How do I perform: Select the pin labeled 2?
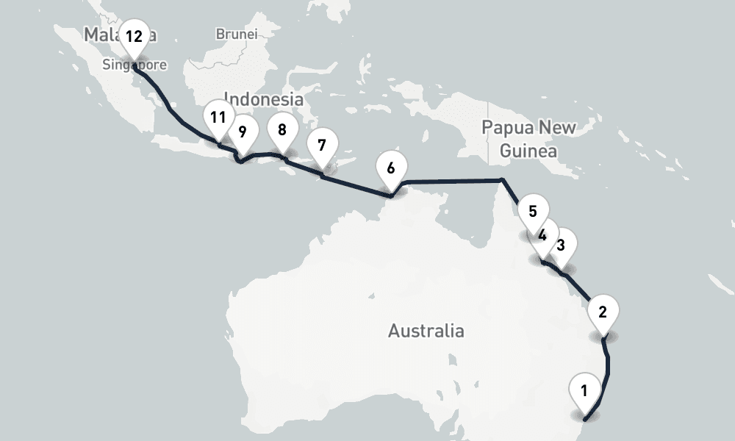pos(603,311)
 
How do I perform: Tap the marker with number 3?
pos(561,245)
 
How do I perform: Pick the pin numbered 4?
pos(542,235)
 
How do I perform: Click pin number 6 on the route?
pos(390,168)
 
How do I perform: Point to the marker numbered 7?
pos(321,145)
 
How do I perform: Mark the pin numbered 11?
pos(218,117)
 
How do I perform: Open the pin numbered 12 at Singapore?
pos(134,37)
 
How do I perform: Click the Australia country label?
pos(426,331)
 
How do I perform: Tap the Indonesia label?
pos(263,98)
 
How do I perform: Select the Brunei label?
pos(236,34)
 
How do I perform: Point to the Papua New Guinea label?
pos(528,139)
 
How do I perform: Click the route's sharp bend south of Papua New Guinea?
pos(501,179)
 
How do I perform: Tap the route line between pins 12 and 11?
pos(173,110)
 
